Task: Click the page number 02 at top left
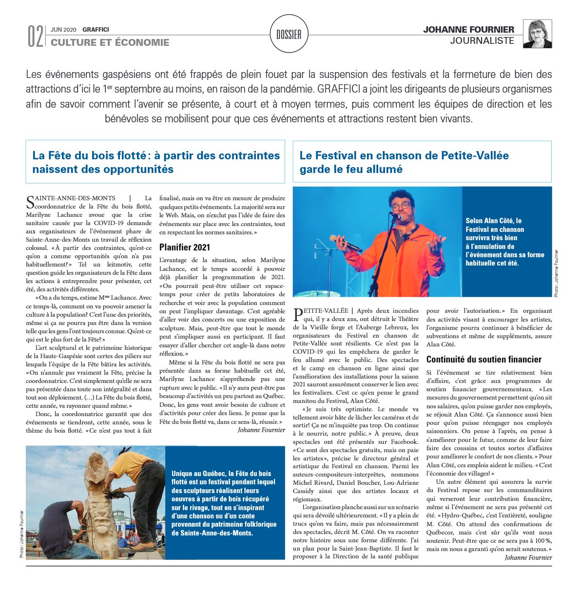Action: (35, 36)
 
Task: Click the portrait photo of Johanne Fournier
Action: (537, 34)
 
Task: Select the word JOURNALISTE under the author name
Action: (482, 40)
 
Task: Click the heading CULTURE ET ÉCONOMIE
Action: (110, 42)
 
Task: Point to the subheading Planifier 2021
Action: (185, 247)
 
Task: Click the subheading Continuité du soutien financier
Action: (484, 359)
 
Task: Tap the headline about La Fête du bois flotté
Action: (156, 162)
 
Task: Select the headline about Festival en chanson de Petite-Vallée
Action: (404, 162)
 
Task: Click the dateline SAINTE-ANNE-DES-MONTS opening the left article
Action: (71, 198)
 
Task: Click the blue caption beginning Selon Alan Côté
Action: (504, 242)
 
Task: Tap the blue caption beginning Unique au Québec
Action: (224, 503)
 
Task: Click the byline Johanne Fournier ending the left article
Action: (261, 430)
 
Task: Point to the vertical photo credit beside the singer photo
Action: (556, 273)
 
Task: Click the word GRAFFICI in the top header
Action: (96, 29)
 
